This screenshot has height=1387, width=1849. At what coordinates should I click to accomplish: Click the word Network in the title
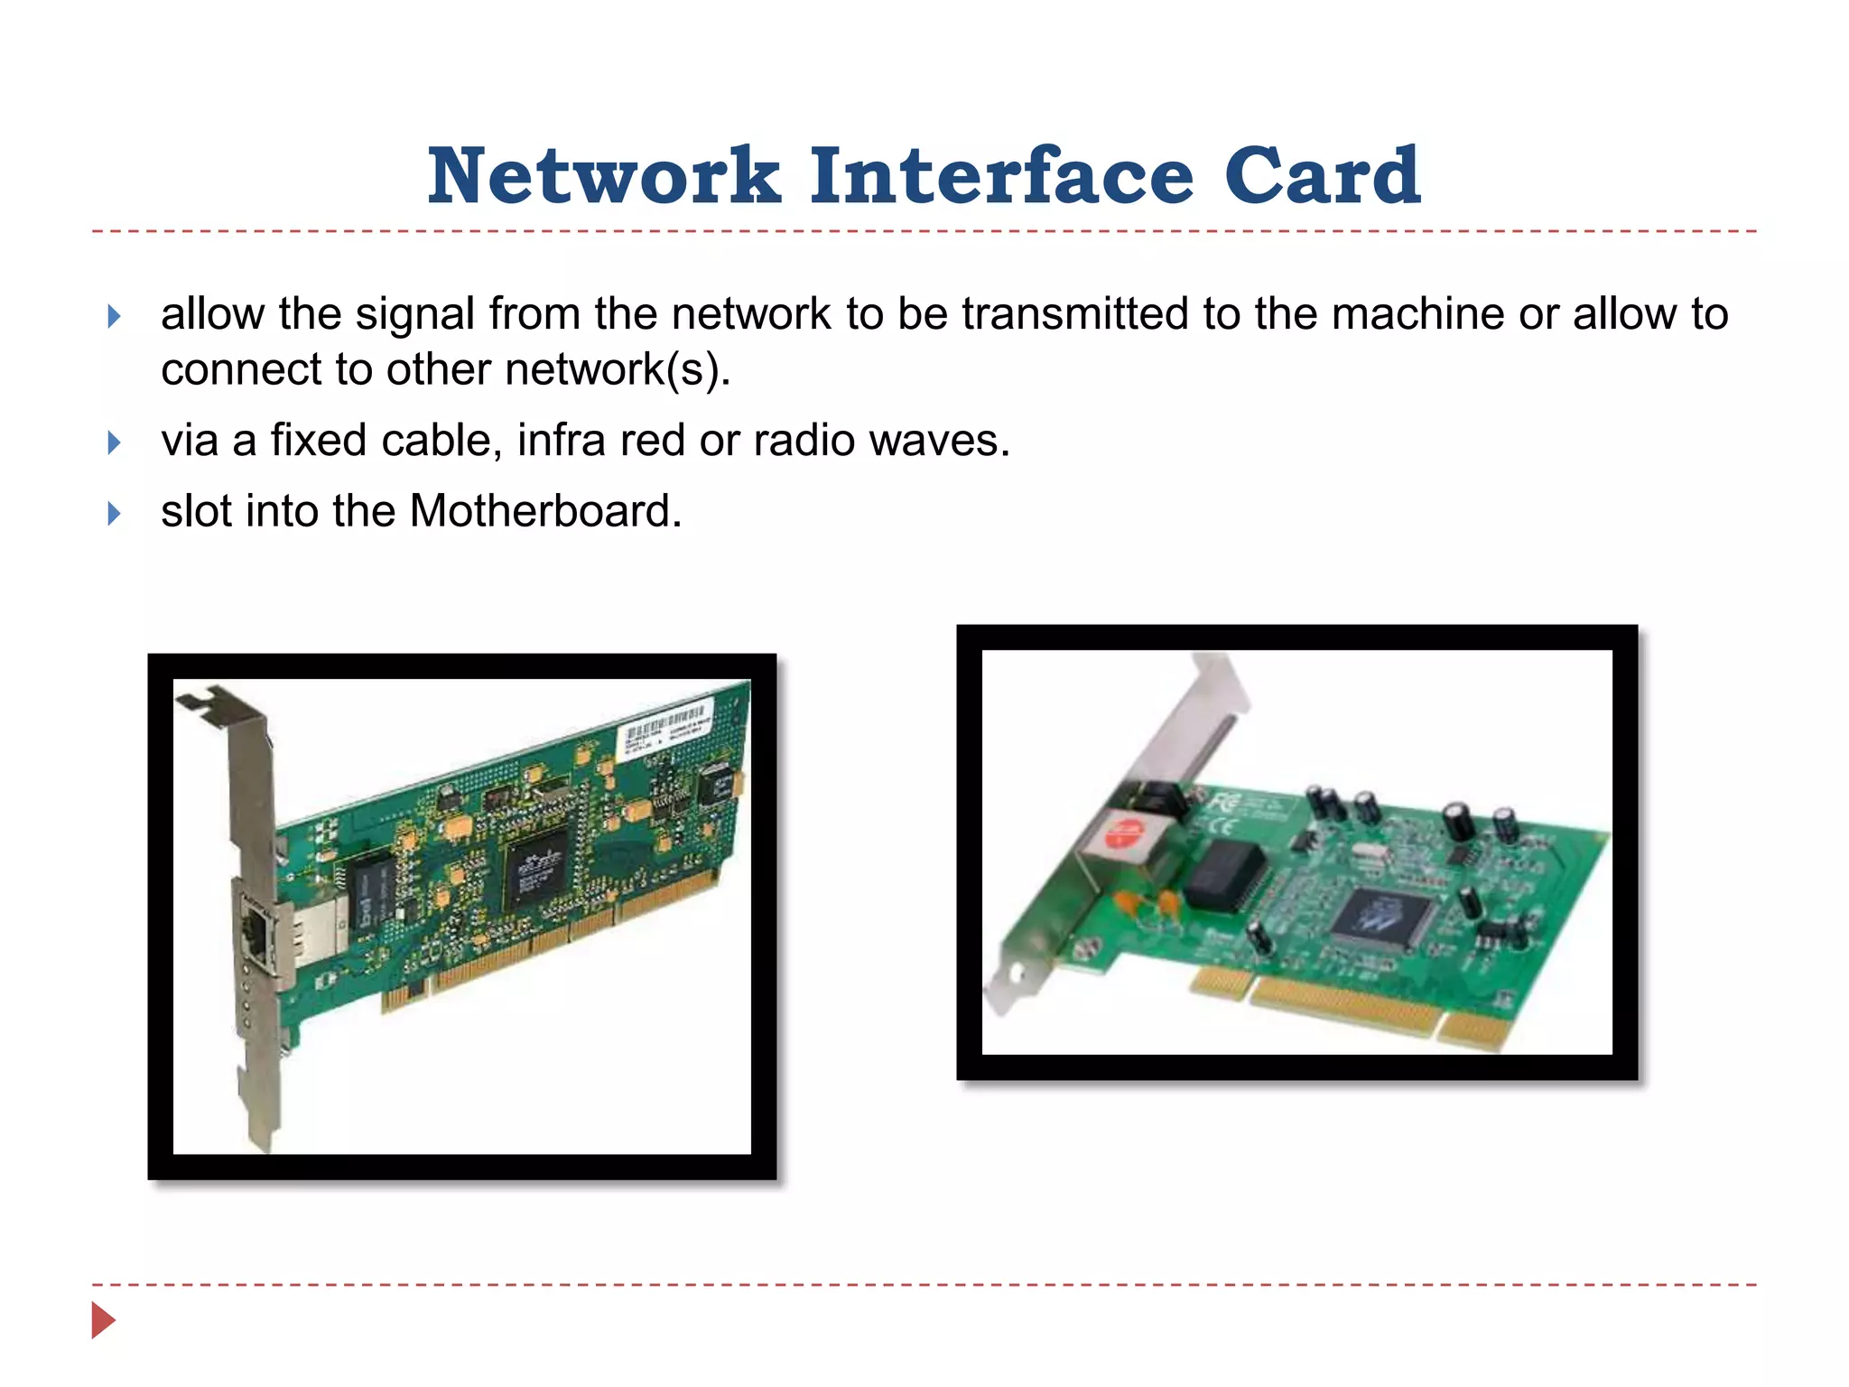603,177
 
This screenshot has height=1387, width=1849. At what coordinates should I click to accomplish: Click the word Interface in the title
1001,177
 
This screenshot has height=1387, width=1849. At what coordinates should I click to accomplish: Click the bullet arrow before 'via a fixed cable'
114,442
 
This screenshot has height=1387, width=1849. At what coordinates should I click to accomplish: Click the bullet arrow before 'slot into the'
114,513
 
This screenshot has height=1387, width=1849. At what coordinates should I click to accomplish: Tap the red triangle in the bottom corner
103,1320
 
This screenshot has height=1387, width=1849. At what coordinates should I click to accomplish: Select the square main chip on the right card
1382,916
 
